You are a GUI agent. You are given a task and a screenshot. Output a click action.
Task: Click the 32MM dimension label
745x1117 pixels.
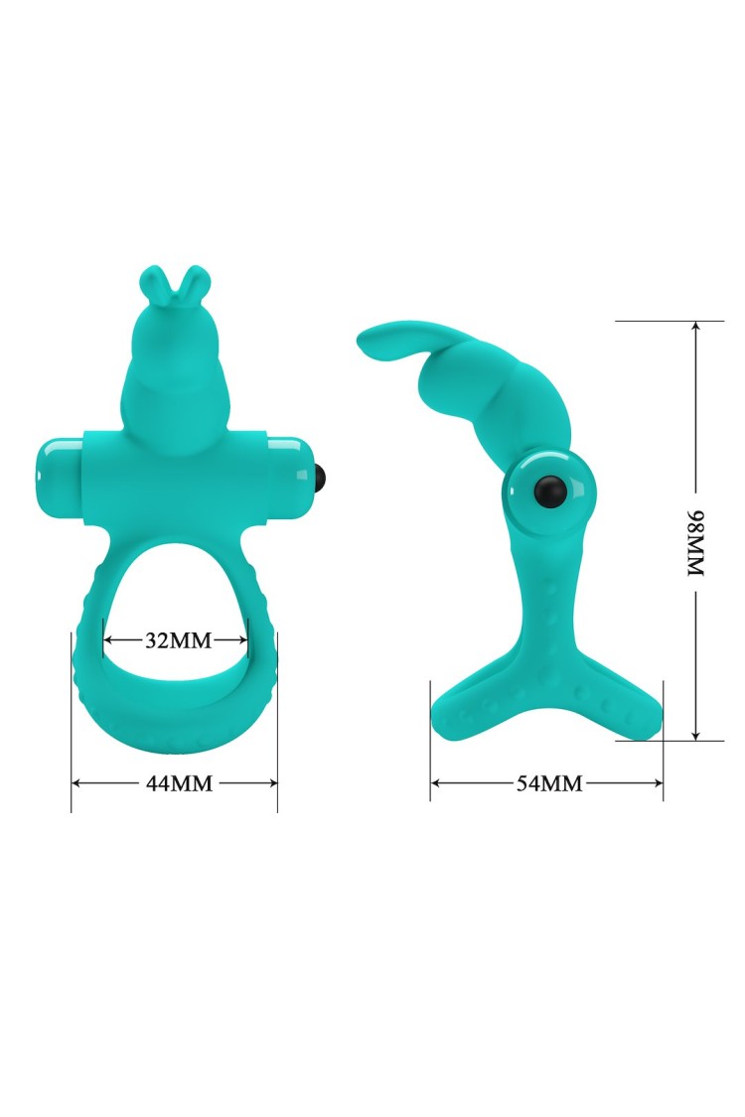(x=178, y=640)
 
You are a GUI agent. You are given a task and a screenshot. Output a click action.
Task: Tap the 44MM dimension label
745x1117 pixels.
(x=179, y=783)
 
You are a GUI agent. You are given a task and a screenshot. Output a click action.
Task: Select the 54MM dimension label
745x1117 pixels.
(x=549, y=783)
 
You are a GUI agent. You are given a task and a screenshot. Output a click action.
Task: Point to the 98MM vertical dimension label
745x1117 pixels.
(x=695, y=543)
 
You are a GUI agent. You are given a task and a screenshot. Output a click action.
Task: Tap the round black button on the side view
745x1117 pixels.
(x=552, y=491)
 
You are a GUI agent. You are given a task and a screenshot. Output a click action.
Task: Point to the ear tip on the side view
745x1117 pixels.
(x=365, y=343)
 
